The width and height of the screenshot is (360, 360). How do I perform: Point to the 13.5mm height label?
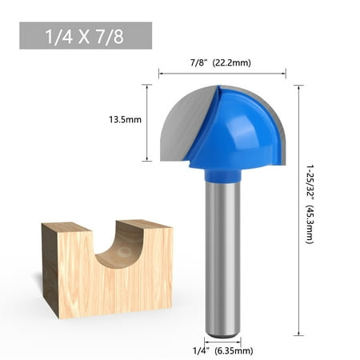126,120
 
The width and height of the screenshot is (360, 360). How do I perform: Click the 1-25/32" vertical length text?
311,183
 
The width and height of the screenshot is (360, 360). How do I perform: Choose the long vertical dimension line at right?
299,208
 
